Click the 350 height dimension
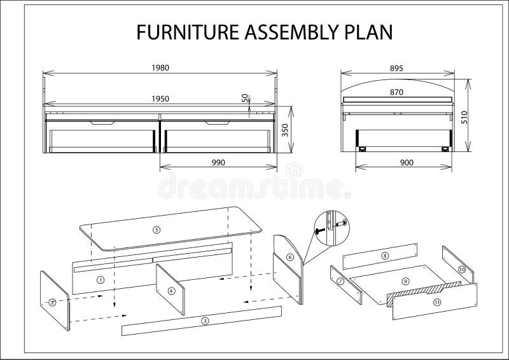(x=286, y=130)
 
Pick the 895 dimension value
(x=396, y=67)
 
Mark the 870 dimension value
(x=396, y=92)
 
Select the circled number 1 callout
(x=101, y=279)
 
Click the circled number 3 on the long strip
(x=205, y=321)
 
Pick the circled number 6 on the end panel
(x=289, y=258)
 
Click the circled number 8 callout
(x=384, y=255)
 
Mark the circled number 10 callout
(x=462, y=270)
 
